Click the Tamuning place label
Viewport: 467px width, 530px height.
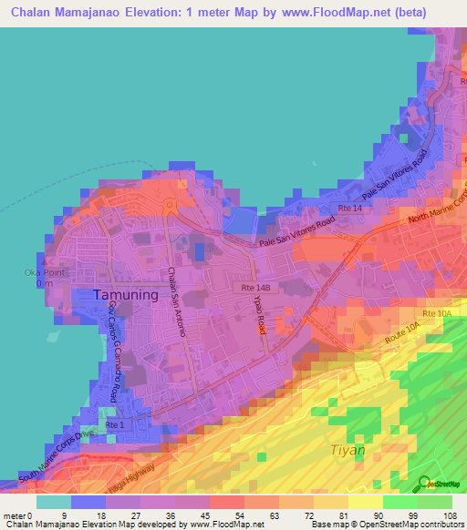click(126, 295)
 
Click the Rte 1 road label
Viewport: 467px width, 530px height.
click(115, 425)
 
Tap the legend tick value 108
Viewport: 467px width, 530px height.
click(451, 515)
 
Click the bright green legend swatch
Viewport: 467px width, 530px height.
click(400, 502)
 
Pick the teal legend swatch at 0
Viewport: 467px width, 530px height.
click(53, 502)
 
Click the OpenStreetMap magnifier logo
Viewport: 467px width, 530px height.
click(423, 484)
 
